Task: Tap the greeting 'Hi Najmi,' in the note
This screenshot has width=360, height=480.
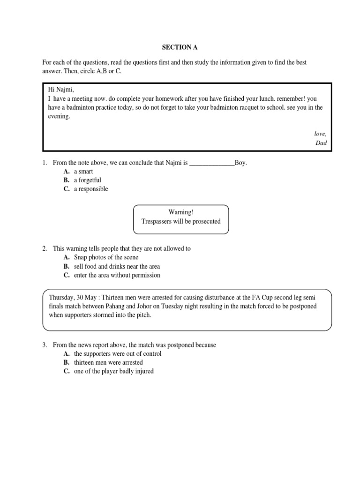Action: pyautogui.click(x=61, y=90)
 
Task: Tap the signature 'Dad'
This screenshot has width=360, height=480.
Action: pyautogui.click(x=321, y=143)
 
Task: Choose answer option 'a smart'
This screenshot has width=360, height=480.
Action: pyautogui.click(x=83, y=172)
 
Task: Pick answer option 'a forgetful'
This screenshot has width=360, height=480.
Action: pyautogui.click(x=87, y=180)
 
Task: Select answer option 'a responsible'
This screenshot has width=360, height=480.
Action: pyautogui.click(x=90, y=189)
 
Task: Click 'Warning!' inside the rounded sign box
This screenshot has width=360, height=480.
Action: pyautogui.click(x=180, y=212)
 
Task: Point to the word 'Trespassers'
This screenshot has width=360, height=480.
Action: pyautogui.click(x=157, y=221)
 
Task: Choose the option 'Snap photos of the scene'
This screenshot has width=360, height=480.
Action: pyautogui.click(x=106, y=257)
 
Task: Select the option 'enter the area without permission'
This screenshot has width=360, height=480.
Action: pyautogui.click(x=117, y=275)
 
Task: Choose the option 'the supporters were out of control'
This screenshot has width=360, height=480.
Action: pyautogui.click(x=117, y=353)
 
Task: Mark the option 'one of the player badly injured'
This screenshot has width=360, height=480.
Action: pyautogui.click(x=113, y=371)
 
